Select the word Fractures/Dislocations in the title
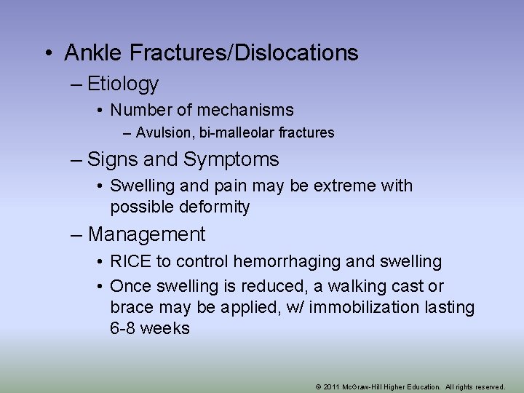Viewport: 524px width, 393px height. click(242, 53)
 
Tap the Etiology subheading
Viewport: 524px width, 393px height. click(122, 84)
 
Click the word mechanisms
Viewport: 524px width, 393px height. click(243, 111)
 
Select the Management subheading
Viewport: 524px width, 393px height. click(146, 235)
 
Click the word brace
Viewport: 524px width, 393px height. click(132, 308)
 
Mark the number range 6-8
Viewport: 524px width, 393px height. click(123, 329)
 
